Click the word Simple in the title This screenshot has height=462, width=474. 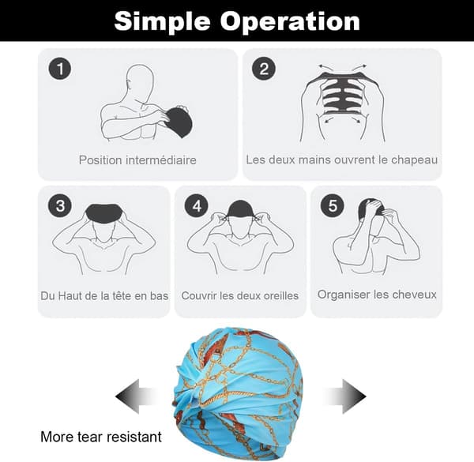pos(162,22)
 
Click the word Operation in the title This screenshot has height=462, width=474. pos(290,21)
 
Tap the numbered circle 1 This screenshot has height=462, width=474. pos(60,69)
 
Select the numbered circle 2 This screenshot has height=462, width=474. pos(264,69)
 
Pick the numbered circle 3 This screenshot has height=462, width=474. pos(60,206)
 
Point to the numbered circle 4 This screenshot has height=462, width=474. pos(197,206)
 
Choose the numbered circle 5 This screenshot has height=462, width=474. pos(333,206)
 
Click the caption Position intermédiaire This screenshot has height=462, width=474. pos(137,160)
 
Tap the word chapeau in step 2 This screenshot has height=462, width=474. pos(414,160)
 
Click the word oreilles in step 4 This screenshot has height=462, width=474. pos(280,295)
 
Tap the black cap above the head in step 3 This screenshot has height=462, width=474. pos(104,213)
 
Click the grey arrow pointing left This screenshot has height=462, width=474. pos(136,396)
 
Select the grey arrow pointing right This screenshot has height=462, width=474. pos(345,396)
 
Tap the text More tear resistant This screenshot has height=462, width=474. pos(101,437)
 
